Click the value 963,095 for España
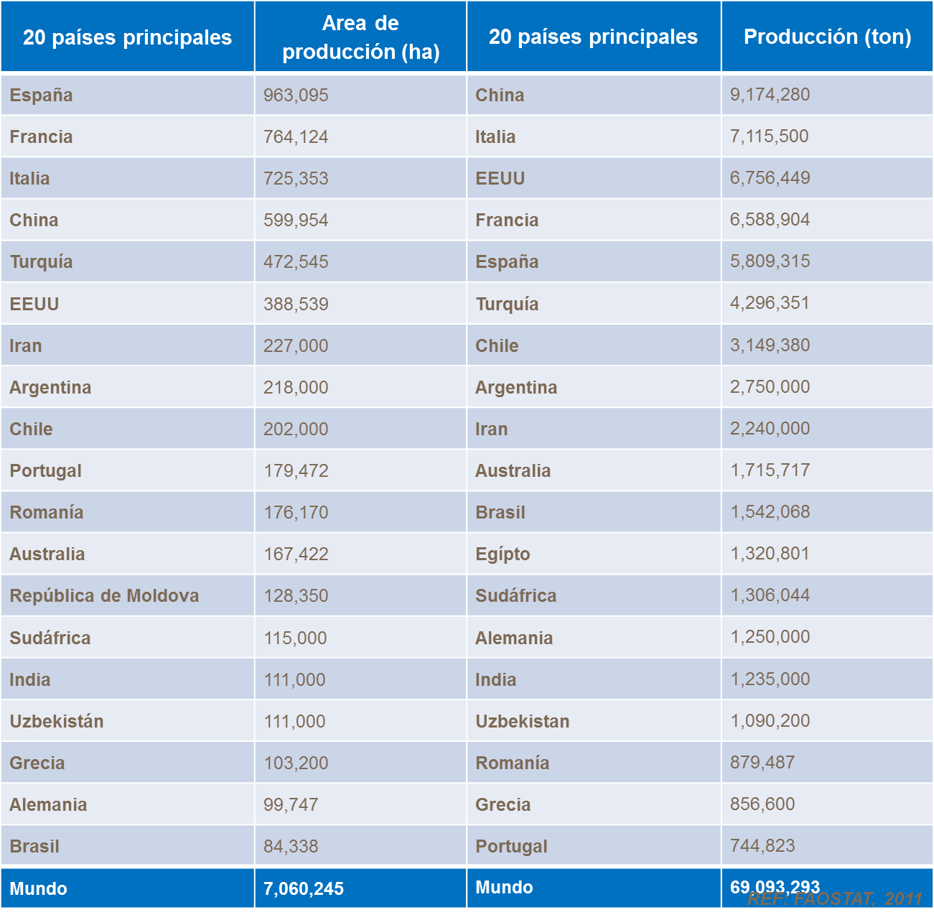pos(296,95)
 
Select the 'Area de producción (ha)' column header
pos(360,37)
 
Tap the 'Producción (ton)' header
pos(827,37)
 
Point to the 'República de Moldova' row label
pos(104,595)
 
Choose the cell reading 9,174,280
pos(770,94)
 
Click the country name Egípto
pos(503,554)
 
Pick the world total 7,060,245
pos(304,888)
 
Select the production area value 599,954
pos(296,220)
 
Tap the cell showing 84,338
pos(291,846)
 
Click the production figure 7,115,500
pos(769,136)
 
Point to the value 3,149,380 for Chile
pos(770,345)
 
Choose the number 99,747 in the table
pos(291,804)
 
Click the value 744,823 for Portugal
pos(762,845)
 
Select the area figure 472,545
pos(296,261)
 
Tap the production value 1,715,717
pos(770,470)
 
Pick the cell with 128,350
pos(296,595)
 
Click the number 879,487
pos(762,762)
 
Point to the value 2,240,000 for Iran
pos(770,428)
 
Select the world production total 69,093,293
pos(774,886)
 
